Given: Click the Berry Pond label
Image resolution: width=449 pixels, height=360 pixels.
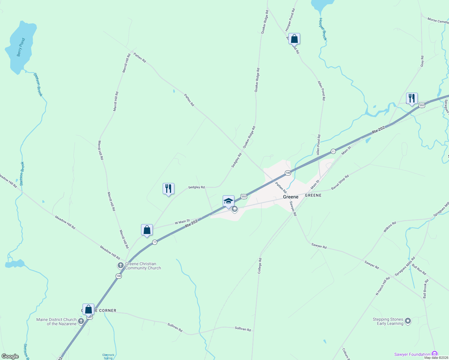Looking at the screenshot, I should (21, 47).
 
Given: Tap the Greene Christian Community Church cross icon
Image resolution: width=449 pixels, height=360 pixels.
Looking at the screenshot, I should (120, 265).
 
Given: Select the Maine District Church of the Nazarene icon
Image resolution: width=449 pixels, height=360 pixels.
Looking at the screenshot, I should (81, 321).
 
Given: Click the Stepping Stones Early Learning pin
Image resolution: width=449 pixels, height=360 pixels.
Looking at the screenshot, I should (408, 321).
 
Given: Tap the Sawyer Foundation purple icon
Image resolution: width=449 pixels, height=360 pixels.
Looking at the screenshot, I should (434, 354).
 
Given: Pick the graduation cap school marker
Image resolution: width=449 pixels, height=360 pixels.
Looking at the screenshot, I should (228, 201).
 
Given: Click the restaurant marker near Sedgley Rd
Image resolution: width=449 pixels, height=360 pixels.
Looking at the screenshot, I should (168, 189).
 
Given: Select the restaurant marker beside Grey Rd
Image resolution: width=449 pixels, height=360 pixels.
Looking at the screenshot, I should (412, 98).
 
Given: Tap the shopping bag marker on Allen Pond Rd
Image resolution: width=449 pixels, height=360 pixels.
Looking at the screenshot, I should (294, 39).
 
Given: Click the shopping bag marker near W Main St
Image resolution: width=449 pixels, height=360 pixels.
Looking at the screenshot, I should (147, 230).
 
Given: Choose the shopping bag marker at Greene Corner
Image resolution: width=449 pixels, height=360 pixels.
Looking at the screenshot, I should (88, 309).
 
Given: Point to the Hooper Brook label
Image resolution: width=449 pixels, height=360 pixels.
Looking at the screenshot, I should (323, 29).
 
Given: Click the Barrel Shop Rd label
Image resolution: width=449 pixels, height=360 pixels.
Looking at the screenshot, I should (340, 182).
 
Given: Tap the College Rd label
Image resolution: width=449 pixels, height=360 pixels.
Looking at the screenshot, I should (260, 266).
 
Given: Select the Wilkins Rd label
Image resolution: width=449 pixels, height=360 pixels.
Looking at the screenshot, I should (390, 227).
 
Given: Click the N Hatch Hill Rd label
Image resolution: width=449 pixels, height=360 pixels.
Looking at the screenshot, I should (383, 286).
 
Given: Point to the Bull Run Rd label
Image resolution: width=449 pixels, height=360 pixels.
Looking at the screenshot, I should (419, 269).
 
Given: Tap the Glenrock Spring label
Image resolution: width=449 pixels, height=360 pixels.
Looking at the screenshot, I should (108, 356).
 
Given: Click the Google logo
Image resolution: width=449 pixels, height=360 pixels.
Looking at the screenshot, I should (10, 356).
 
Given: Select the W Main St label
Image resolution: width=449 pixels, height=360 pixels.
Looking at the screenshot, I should (182, 222).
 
